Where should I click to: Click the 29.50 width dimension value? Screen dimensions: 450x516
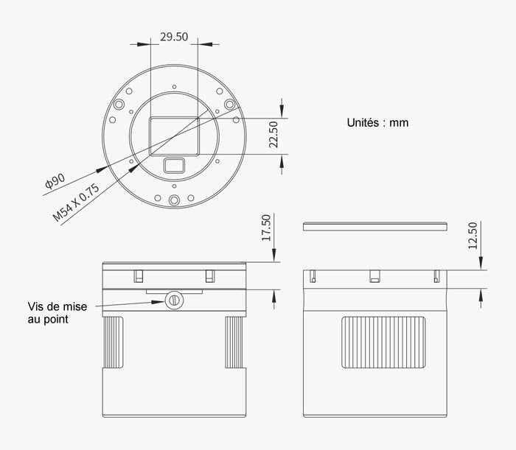pyautogui.click(x=174, y=36)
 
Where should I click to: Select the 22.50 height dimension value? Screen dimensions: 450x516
pyautogui.click(x=273, y=135)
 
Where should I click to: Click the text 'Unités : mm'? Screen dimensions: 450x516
pyautogui.click(x=377, y=123)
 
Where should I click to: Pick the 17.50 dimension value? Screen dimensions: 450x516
pyautogui.click(x=267, y=228)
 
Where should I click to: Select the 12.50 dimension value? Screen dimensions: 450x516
pyautogui.click(x=473, y=236)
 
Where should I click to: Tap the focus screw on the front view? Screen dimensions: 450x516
pyautogui.click(x=174, y=299)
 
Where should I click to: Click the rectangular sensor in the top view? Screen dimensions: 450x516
pyautogui.click(x=174, y=136)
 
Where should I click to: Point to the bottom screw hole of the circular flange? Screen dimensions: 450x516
pyautogui.click(x=174, y=200)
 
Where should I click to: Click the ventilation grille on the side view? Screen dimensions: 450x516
pyautogui.click(x=384, y=342)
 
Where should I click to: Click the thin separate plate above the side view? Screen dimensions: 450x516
pyautogui.click(x=375, y=226)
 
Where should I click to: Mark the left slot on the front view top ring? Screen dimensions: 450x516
pyautogui.click(x=138, y=276)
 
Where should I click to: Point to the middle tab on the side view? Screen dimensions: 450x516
pyautogui.click(x=374, y=277)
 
